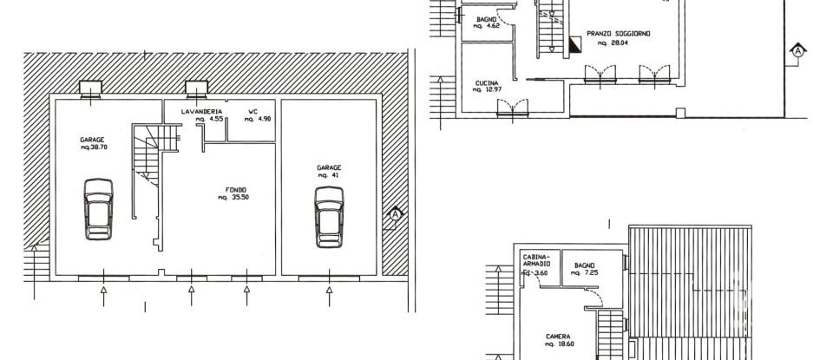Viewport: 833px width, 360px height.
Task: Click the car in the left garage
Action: [98, 208]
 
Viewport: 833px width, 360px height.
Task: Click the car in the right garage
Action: [329, 216]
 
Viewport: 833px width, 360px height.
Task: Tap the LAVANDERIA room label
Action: [202, 112]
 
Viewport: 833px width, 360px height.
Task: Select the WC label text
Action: [253, 112]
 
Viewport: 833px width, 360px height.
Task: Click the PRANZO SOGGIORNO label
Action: [618, 33]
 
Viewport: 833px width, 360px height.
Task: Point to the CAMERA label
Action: [557, 337]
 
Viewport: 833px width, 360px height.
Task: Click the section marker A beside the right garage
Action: [395, 213]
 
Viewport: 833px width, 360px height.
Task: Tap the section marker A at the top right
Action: [797, 50]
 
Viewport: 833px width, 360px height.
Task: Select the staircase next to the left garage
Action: [147, 165]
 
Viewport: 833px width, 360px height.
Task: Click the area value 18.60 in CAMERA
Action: [561, 344]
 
